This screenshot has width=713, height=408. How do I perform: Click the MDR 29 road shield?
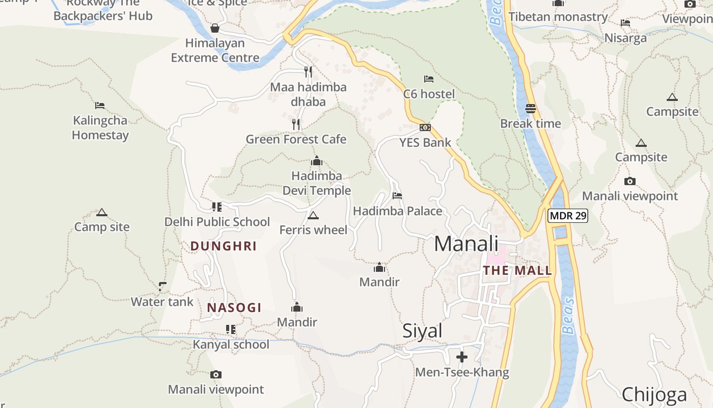pyautogui.click(x=568, y=216)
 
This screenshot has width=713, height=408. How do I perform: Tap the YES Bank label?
pyautogui.click(x=425, y=142)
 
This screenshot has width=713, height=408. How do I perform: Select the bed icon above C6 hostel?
pyautogui.click(x=429, y=79)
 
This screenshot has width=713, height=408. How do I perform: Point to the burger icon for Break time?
pyautogui.click(x=531, y=109)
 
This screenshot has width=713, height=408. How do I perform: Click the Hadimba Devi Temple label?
pyautogui.click(x=317, y=183)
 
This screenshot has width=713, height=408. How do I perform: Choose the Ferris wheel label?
pyautogui.click(x=313, y=230)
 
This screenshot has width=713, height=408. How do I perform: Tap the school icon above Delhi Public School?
pyautogui.click(x=217, y=207)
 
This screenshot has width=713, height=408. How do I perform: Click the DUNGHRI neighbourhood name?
pyautogui.click(x=224, y=246)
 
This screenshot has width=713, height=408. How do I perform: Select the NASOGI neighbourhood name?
pyautogui.click(x=234, y=308)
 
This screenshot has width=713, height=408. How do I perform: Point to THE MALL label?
pyautogui.click(x=517, y=270)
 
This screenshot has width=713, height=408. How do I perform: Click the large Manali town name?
pyautogui.click(x=466, y=244)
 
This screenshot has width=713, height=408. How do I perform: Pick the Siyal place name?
pyautogui.click(x=423, y=331)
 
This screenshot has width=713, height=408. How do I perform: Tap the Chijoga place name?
pyautogui.click(x=654, y=394)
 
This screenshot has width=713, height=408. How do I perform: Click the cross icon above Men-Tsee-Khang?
pyautogui.click(x=462, y=357)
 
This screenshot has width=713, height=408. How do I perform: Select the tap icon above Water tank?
pyautogui.click(x=162, y=287)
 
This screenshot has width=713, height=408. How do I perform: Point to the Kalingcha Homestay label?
pyautogui.click(x=100, y=128)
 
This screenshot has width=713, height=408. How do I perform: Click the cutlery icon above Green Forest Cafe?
pyautogui.click(x=296, y=124)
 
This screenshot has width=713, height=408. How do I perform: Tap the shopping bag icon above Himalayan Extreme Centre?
pyautogui.click(x=215, y=28)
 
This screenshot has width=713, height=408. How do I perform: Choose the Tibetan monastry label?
pyautogui.click(x=558, y=17)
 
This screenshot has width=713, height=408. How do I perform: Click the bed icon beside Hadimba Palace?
pyautogui.click(x=397, y=195)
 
